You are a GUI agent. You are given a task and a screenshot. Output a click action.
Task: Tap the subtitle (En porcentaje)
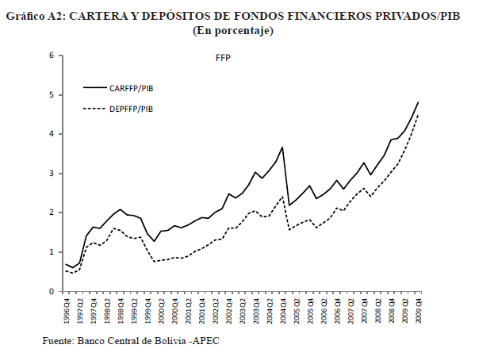click(x=233, y=31)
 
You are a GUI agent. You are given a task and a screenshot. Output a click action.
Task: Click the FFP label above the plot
click(x=223, y=59)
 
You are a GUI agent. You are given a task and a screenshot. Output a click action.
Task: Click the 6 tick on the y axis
click(x=51, y=56)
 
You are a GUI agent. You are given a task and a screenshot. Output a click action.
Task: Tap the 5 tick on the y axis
click(x=51, y=95)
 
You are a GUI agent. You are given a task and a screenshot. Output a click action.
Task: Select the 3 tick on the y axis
click(x=51, y=174)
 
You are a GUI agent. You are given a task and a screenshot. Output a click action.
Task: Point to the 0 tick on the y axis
click(x=51, y=292)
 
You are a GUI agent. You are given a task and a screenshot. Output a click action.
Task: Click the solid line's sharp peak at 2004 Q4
click(x=282, y=147)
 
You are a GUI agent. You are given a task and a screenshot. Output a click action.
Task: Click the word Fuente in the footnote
click(x=59, y=342)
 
